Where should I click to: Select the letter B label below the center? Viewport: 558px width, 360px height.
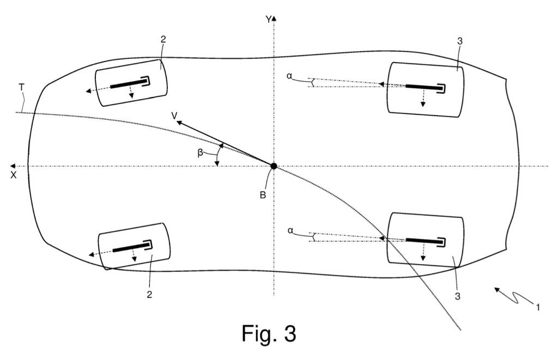[263, 196]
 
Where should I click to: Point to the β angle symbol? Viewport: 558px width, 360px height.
[200, 153]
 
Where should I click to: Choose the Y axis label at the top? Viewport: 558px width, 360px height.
[268, 20]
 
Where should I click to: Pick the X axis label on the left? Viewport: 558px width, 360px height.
[14, 175]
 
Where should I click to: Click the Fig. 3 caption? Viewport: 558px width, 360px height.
[269, 333]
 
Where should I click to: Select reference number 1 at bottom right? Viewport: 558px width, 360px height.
[538, 307]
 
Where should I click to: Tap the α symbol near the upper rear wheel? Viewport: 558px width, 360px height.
[289, 76]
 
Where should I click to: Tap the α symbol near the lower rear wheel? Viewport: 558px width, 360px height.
[289, 230]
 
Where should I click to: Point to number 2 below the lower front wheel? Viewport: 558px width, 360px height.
[149, 295]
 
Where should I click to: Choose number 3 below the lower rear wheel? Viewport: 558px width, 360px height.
[458, 296]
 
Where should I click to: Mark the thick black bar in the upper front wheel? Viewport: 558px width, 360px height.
[129, 84]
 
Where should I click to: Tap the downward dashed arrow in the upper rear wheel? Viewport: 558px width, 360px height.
[423, 98]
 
